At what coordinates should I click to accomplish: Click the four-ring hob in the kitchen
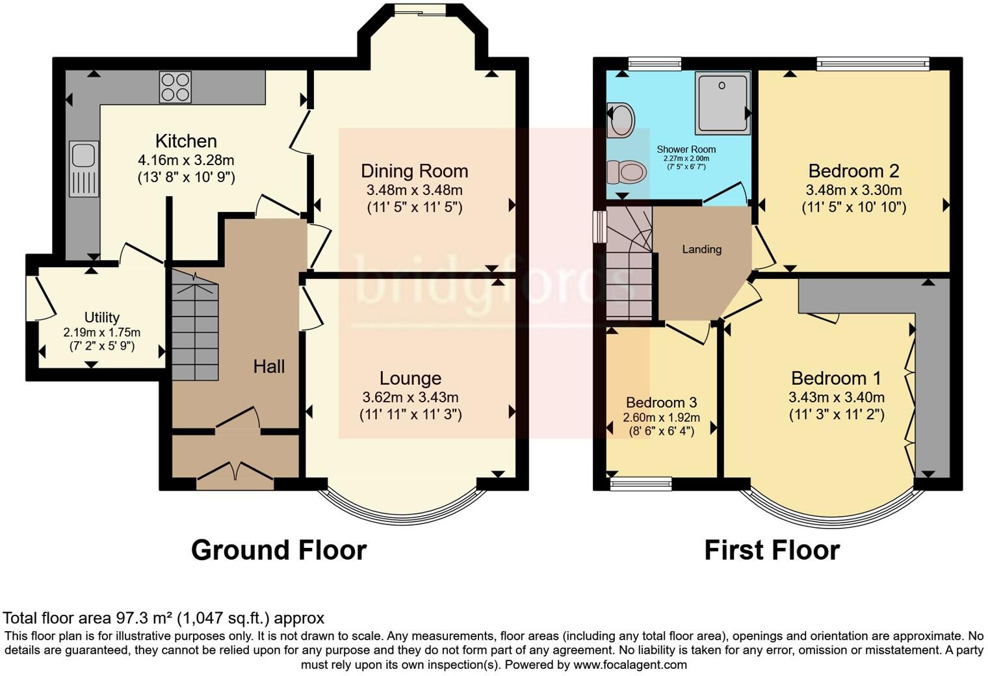tap(175, 87)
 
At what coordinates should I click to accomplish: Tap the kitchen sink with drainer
tap(84, 169)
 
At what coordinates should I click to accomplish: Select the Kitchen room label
tap(186, 141)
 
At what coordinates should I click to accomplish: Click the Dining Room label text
tap(415, 171)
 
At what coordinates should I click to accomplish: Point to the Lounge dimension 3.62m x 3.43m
tap(410, 397)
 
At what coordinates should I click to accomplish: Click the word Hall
tap(269, 367)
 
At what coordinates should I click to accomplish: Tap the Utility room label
tap(102, 317)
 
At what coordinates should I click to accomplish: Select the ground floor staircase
tap(195, 326)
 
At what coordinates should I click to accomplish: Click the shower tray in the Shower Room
tap(723, 103)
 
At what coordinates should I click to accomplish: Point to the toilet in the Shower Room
tap(627, 172)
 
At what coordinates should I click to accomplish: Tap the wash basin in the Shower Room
tap(621, 120)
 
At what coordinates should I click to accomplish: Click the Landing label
tap(702, 249)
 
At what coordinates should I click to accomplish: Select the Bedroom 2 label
tap(853, 171)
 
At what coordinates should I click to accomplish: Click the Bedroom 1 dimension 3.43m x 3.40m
tap(837, 397)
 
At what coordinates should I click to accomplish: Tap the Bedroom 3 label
tap(661, 402)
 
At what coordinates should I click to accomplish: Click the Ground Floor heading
tap(279, 551)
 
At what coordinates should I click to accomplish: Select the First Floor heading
tap(772, 551)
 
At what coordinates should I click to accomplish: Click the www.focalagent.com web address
tap(630, 664)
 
